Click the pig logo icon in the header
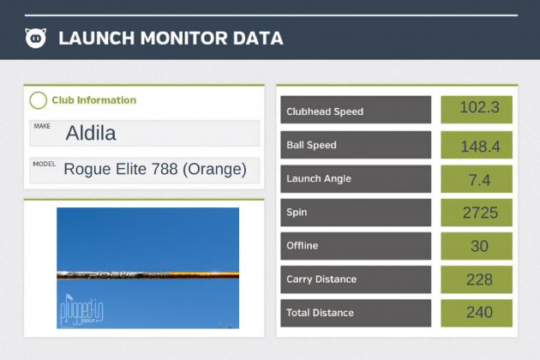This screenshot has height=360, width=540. (36, 38)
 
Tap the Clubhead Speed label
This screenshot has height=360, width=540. (326, 111)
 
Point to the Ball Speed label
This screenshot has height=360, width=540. (312, 145)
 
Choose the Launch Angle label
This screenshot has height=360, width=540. (319, 178)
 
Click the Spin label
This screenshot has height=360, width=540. (297, 212)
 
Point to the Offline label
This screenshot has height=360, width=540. (303, 246)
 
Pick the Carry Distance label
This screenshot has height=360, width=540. (322, 279)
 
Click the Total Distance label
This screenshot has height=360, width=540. (321, 313)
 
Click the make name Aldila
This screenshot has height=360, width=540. (90, 134)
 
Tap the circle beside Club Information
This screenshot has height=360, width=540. (38, 100)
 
